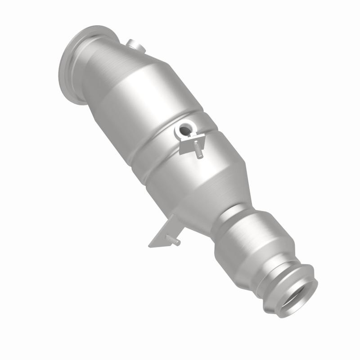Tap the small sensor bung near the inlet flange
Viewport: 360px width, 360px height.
[x=134, y=45]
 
